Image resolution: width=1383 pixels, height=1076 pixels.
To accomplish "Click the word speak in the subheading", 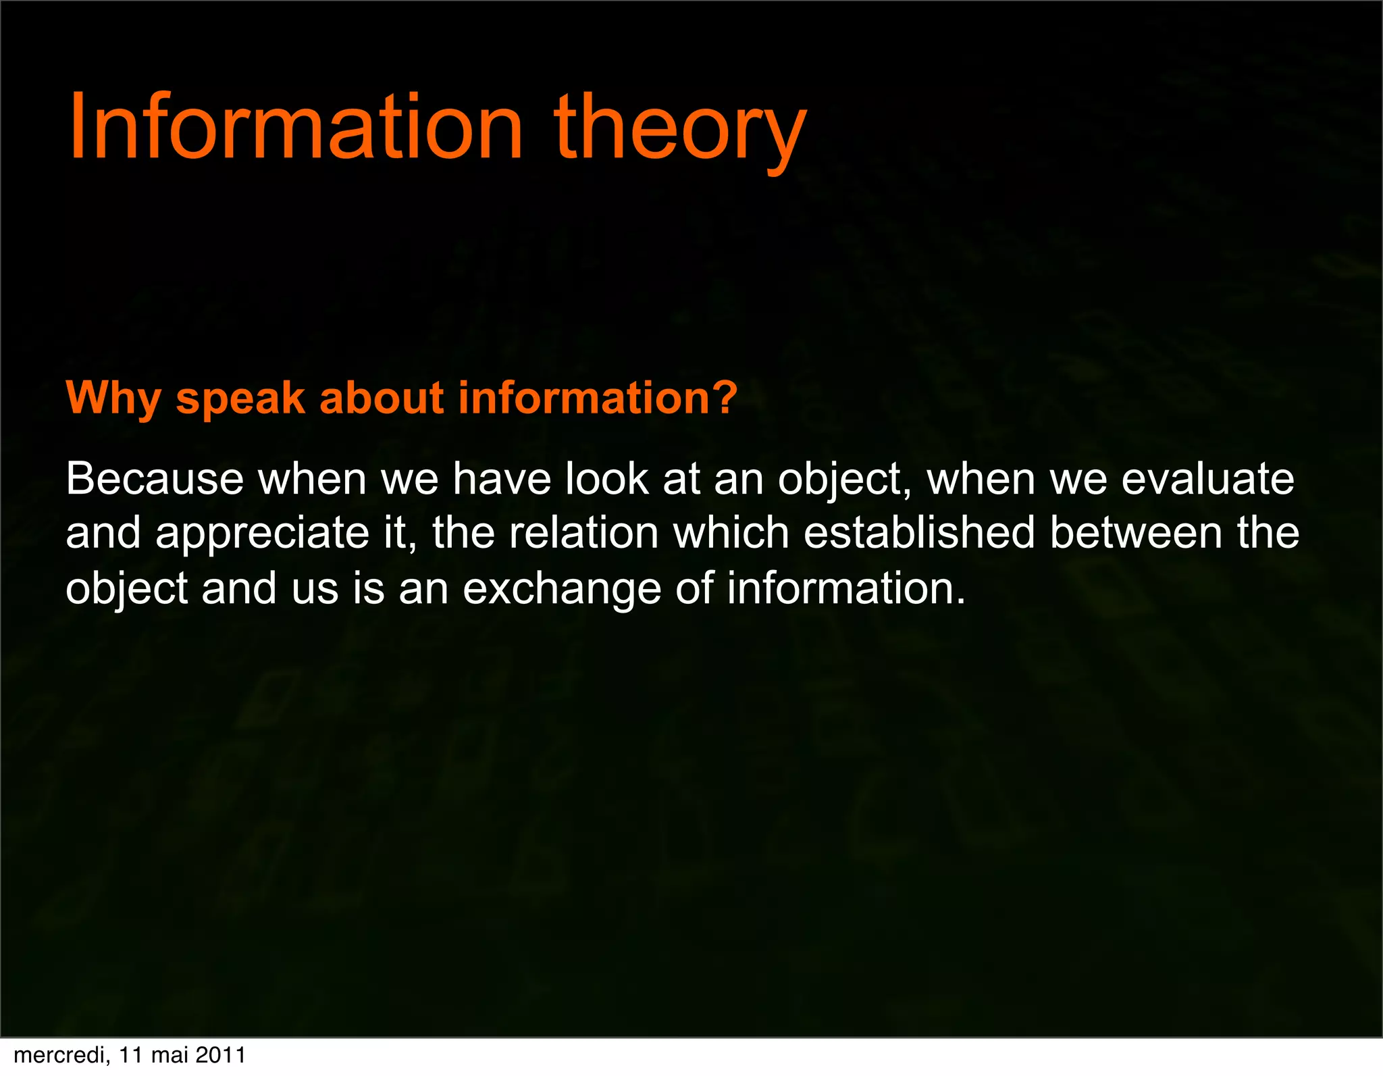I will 240,399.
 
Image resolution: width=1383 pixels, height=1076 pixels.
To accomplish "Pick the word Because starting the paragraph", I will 155,479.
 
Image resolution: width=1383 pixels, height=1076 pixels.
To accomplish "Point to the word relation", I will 583,533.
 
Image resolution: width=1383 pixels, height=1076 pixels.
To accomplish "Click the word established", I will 919,533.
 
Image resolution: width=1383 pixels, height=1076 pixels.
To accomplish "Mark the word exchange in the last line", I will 562,589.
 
